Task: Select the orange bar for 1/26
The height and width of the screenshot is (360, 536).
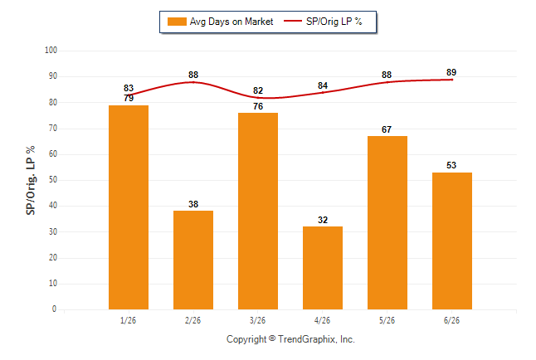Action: pyautogui.click(x=129, y=207)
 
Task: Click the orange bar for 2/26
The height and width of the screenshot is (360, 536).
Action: pyautogui.click(x=193, y=260)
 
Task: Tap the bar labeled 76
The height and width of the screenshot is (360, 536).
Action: pyautogui.click(x=258, y=211)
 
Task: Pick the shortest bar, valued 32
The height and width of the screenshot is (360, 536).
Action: pyautogui.click(x=323, y=268)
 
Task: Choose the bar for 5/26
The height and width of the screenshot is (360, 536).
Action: pyautogui.click(x=387, y=222)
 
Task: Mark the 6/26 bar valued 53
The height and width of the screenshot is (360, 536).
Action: pyautogui.click(x=452, y=241)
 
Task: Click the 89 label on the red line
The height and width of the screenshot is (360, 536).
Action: pyautogui.click(x=451, y=72)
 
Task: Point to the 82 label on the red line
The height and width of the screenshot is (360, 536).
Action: pyautogui.click(x=258, y=90)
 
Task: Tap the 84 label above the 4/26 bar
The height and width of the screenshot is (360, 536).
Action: pyautogui.click(x=323, y=85)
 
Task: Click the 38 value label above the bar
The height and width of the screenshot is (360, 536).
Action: pyautogui.click(x=193, y=204)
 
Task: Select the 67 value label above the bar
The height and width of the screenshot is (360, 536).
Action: pyautogui.click(x=387, y=129)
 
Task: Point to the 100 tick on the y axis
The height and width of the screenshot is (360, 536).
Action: pyautogui.click(x=51, y=51)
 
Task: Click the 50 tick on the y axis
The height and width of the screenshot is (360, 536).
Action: pyautogui.click(x=52, y=179)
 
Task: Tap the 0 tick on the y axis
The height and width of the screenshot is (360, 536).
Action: pyautogui.click(x=54, y=309)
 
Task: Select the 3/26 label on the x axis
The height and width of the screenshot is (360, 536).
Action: pyautogui.click(x=257, y=320)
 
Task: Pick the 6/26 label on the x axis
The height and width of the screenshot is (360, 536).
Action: pyautogui.click(x=451, y=320)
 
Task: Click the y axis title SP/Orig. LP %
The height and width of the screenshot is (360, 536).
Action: pyautogui.click(x=31, y=180)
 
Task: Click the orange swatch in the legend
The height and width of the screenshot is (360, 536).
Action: pyautogui.click(x=177, y=22)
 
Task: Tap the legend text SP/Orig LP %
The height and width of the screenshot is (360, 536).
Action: pyautogui.click(x=334, y=22)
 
